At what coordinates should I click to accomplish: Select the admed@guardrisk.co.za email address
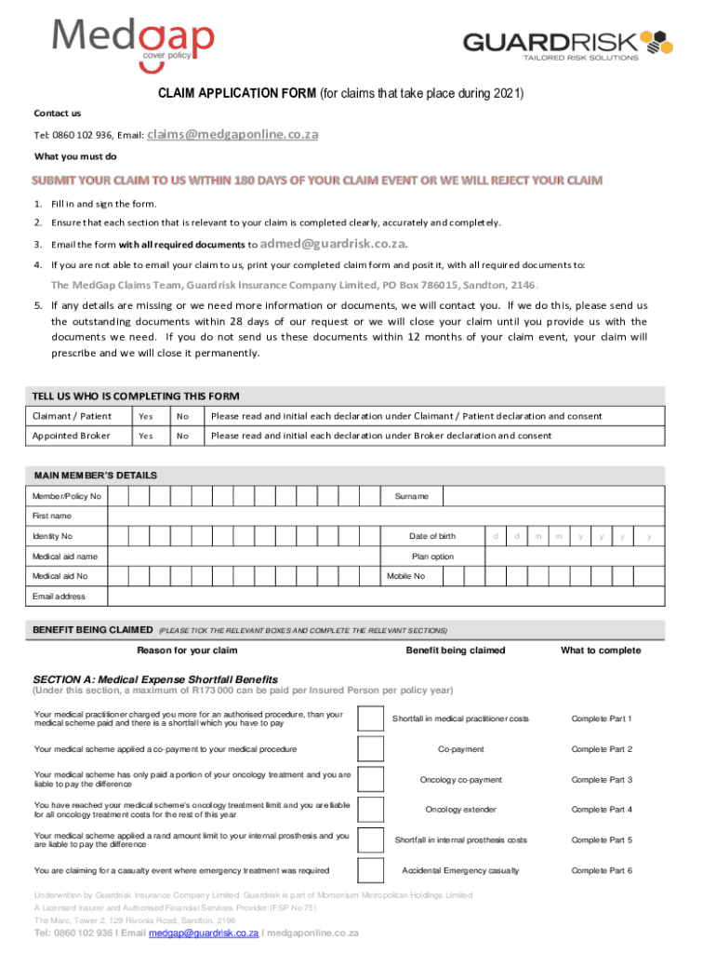tap(333, 244)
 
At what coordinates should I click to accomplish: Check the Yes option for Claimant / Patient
tap(146, 416)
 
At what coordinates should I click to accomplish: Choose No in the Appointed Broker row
tap(183, 436)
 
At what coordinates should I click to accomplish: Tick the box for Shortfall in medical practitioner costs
tap(370, 719)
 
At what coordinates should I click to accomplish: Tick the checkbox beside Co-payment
tap(370, 749)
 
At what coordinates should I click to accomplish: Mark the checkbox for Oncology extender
tap(370, 810)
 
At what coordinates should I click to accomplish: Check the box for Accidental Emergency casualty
tap(370, 870)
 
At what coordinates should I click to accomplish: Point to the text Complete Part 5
tap(602, 840)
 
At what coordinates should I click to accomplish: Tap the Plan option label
tap(433, 557)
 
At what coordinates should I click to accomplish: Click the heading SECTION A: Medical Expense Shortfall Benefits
tap(155, 679)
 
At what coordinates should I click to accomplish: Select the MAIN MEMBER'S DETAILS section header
tap(95, 476)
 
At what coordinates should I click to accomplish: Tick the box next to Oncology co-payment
tap(370, 780)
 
